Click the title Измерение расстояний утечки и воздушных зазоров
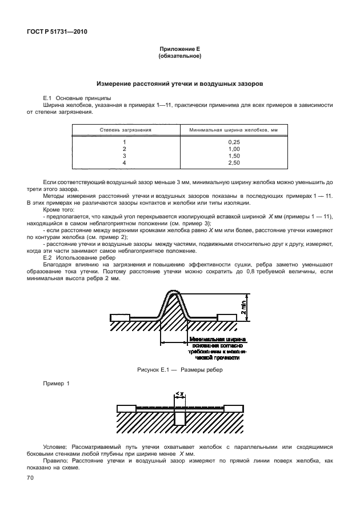(179, 83)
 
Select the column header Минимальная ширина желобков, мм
(233, 130)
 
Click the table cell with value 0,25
(233, 141)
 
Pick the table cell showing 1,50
(233, 156)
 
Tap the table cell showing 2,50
(233, 162)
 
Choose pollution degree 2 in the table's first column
(124, 149)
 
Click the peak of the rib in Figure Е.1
(175, 294)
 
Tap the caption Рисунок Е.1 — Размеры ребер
(179, 370)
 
